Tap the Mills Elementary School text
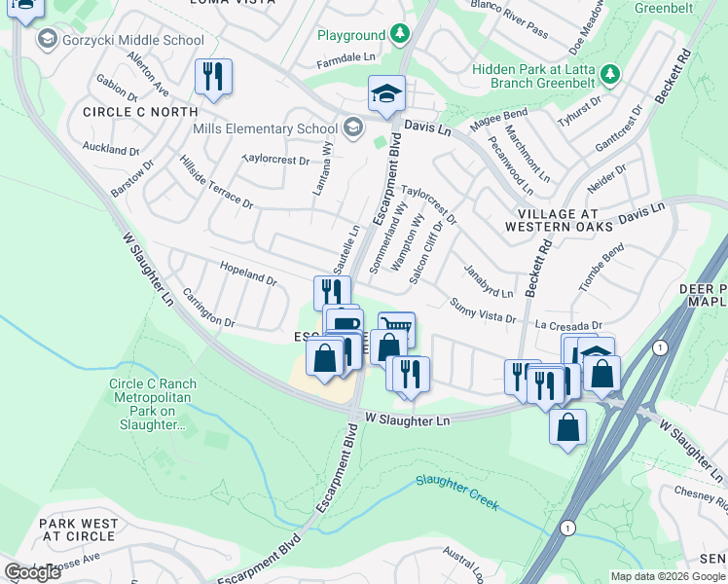[266, 128]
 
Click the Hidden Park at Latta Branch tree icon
[610, 73]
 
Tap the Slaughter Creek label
[456, 493]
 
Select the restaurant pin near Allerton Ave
[213, 77]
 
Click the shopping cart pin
[396, 329]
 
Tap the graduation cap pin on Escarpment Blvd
[386, 94]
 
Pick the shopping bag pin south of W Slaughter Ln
[567, 426]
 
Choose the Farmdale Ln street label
[346, 59]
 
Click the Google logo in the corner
[33, 572]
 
